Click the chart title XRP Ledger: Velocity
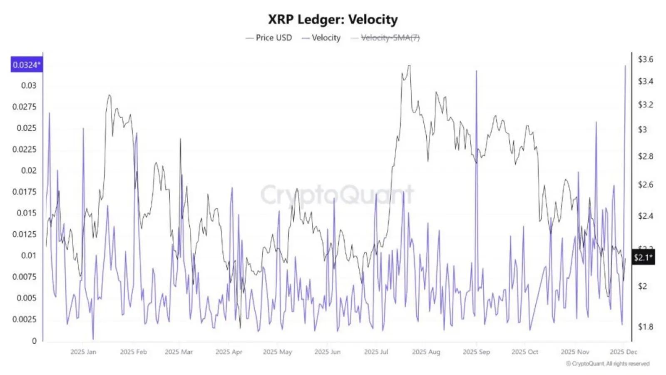333,19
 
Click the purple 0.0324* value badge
26,65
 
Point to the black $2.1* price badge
643,257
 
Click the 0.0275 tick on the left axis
24,107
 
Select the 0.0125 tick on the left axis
24,234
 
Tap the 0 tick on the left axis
34,341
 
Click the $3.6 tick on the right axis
645,59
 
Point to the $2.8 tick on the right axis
645,156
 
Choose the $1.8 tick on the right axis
645,327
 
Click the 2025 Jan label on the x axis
83,352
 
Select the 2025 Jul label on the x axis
376,352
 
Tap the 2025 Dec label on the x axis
623,352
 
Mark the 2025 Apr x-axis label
229,352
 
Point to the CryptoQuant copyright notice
608,364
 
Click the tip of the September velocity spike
477,71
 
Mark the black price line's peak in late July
409,66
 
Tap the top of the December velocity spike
625,66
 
